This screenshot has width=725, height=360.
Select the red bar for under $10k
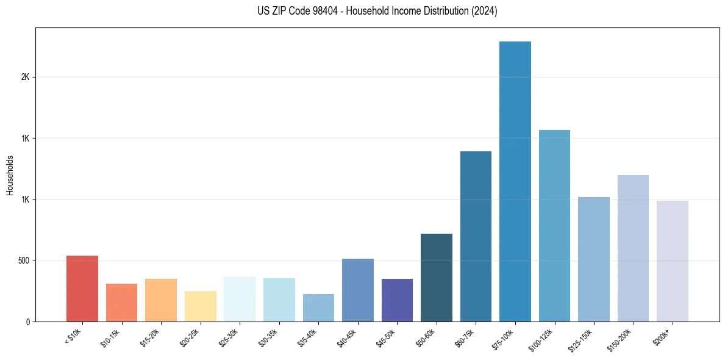click(82, 289)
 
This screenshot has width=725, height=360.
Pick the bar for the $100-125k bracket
click(554, 226)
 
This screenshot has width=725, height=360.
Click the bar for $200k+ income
click(672, 261)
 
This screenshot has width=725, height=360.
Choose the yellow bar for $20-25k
click(200, 306)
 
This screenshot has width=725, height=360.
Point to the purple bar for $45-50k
click(397, 300)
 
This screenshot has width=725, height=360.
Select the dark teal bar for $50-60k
click(437, 278)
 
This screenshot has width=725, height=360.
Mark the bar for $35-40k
click(318, 308)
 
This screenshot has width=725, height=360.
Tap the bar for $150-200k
click(633, 248)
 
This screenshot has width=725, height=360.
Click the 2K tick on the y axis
click(25, 77)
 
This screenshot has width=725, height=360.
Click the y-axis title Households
click(10, 175)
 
